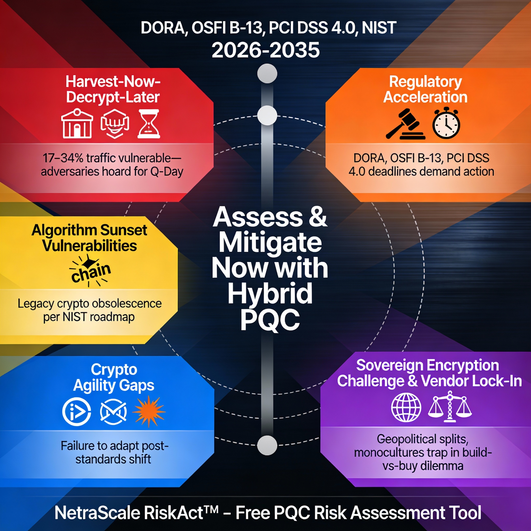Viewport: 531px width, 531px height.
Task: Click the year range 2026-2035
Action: click(265, 50)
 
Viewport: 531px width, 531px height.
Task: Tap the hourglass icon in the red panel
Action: click(149, 124)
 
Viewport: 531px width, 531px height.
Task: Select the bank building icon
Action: click(77, 124)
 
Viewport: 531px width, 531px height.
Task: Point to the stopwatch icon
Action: click(446, 124)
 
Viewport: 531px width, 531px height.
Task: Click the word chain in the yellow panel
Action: click(91, 273)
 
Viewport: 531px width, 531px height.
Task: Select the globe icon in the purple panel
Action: click(406, 407)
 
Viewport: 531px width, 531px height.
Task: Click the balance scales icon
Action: click(450, 407)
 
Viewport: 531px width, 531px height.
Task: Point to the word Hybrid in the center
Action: click(270, 294)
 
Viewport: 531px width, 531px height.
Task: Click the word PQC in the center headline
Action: click(270, 319)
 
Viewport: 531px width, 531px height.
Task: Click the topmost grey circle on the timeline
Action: click(267, 74)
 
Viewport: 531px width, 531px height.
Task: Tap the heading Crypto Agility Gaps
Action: click(114, 377)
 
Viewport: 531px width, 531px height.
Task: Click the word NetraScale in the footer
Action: click(97, 513)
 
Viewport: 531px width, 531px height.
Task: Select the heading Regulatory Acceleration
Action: click(425, 89)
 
